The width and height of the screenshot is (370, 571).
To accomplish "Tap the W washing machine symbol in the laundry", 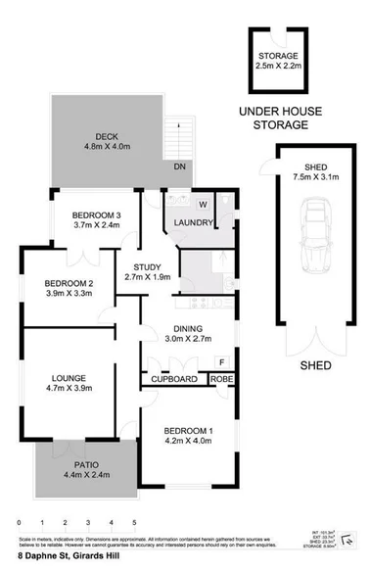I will pyautogui.click(x=203, y=205).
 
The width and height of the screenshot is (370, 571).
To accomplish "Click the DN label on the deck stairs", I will pyautogui.click(x=180, y=167).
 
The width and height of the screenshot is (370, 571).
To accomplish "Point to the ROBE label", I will pyautogui.click(x=222, y=378).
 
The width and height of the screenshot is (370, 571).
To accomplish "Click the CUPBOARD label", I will pyautogui.click(x=176, y=378).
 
